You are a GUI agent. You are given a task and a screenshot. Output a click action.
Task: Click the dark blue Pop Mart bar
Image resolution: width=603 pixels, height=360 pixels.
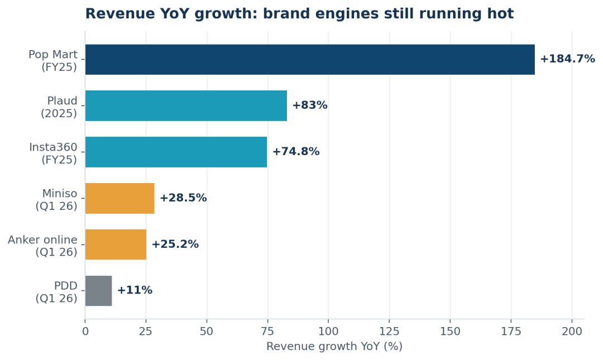click(x=310, y=60)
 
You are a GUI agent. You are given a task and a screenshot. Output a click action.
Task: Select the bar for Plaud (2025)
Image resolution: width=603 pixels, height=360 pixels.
click(x=186, y=106)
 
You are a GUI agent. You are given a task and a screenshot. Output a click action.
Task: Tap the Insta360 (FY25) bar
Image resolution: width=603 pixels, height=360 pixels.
click(x=176, y=152)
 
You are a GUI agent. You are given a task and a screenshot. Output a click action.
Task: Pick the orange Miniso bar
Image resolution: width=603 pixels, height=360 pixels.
click(x=120, y=198)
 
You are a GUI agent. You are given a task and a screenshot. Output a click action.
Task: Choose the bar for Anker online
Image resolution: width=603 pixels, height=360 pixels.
click(x=116, y=244)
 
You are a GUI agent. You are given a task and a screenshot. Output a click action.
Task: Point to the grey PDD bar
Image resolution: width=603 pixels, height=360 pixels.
click(x=98, y=291)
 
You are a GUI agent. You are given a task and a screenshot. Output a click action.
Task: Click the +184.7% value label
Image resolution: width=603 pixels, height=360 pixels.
click(x=568, y=59)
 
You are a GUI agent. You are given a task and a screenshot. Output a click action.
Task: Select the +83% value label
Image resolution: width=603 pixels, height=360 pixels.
click(x=310, y=105)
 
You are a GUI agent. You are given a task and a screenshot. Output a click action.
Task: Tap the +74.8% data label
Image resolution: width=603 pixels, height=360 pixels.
click(x=296, y=152)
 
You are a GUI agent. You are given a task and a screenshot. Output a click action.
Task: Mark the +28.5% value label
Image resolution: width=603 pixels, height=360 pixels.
click(x=183, y=198)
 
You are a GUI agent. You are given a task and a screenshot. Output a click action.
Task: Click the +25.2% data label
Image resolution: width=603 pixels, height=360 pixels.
click(x=175, y=244)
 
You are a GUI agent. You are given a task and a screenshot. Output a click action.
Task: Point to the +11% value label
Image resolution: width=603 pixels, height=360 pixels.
click(x=135, y=290)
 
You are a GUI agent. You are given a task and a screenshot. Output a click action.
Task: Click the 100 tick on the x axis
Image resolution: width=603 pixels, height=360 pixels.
click(x=328, y=332)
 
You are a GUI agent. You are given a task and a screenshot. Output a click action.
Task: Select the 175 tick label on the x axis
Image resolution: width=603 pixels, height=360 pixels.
click(x=511, y=332)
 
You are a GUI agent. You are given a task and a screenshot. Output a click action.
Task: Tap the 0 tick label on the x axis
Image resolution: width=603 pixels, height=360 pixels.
click(x=85, y=332)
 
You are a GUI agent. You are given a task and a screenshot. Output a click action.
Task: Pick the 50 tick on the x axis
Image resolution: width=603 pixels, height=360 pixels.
click(x=207, y=332)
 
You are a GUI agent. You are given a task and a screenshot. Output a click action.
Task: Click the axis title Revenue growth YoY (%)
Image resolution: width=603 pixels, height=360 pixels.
click(x=334, y=347)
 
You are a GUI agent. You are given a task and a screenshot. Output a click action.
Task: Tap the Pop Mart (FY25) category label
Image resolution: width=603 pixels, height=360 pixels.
click(x=53, y=61)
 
